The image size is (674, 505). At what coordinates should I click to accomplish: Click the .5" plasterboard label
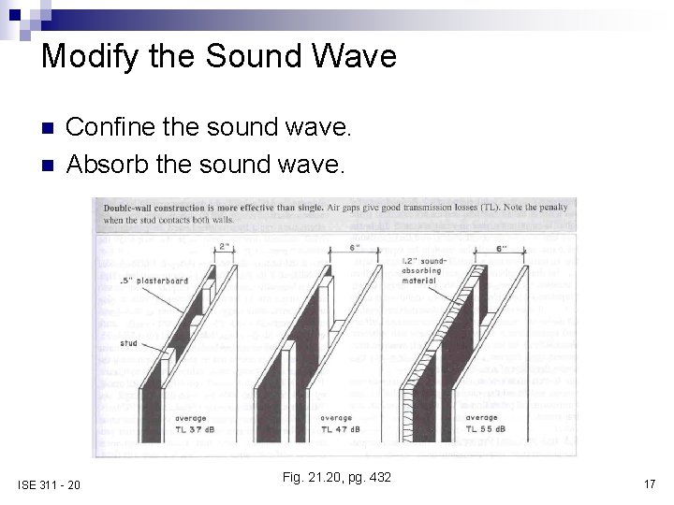click(154, 281)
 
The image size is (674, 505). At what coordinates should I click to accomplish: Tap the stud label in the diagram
click(128, 343)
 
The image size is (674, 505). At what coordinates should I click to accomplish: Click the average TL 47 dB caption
click(343, 424)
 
